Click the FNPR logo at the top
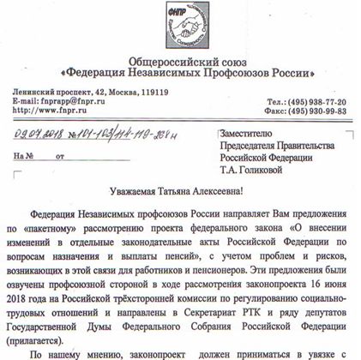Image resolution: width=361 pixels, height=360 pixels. pyautogui.click(x=180, y=24)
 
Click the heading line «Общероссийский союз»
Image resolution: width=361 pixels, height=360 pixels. pyautogui.click(x=179, y=58)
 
